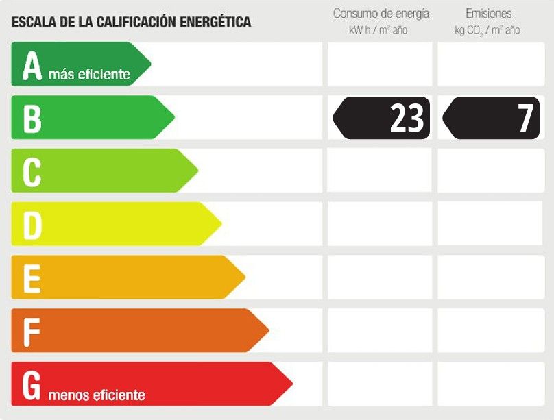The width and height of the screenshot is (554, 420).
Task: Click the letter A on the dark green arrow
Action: coord(32,66)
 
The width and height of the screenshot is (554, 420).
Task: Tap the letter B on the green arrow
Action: coord(32,118)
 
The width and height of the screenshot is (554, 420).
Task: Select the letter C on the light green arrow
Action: coord(32,171)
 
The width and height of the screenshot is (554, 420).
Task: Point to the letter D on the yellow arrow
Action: coord(32,225)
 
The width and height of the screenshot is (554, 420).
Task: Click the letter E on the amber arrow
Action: coord(32,278)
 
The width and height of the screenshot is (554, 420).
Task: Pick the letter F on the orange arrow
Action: coord(31,331)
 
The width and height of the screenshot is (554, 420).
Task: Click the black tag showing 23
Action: coord(382,118)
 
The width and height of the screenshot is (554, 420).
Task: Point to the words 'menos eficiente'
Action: coord(97,395)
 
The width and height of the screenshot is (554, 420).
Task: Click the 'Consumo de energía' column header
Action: coord(381,14)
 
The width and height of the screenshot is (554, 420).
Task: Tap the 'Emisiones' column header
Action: coord(488,14)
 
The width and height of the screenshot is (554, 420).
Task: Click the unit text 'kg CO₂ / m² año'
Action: coord(487,30)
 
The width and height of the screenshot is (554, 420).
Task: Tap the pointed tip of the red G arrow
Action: coord(291,384)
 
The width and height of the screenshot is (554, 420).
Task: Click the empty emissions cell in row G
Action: coord(490,384)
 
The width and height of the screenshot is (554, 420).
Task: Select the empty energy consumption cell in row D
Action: coord(380,224)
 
